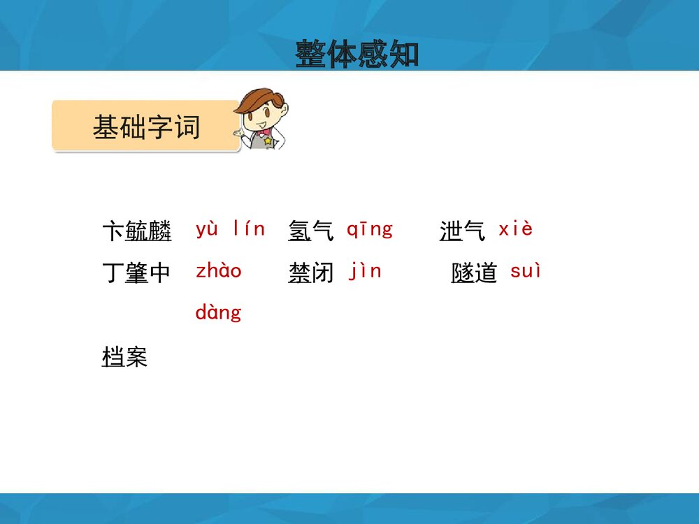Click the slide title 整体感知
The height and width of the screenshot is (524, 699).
356,54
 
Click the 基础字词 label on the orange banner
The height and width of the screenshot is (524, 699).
146,127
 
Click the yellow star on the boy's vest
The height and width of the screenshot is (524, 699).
268,141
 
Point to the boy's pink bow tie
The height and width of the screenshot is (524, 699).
264,132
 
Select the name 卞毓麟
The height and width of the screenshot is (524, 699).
137,231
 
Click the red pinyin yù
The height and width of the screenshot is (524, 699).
207,229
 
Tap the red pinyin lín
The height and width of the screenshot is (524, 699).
250,228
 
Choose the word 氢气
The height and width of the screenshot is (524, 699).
310,231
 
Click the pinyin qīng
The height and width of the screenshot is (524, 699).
370,230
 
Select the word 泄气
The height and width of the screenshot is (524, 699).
462,231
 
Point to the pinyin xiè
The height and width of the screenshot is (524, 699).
515,228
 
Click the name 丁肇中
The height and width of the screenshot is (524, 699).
136,272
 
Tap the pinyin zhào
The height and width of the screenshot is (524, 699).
218,270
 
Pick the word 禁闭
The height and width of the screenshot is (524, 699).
310,272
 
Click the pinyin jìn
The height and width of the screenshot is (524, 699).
365,271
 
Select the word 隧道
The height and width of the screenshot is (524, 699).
473,272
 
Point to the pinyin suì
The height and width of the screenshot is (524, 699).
525,270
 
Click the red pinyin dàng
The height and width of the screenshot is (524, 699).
218,312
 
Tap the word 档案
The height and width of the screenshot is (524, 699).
124,356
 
